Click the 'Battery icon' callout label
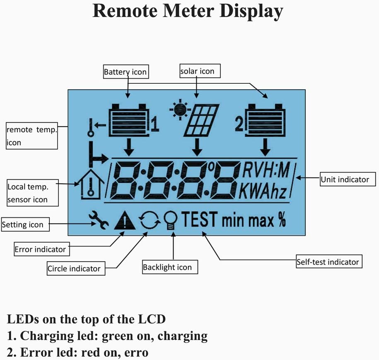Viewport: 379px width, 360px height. (x=125, y=72)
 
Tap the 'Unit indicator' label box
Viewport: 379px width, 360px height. (x=345, y=179)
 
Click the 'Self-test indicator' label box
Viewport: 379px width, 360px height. (x=328, y=262)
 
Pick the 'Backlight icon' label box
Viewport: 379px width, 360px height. (x=167, y=267)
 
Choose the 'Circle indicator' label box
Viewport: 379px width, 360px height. (x=74, y=268)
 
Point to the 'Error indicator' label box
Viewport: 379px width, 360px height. (x=40, y=249)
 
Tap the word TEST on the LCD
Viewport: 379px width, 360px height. (x=199, y=219)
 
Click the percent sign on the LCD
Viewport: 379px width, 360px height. (x=282, y=220)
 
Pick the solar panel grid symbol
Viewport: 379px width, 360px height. (x=202, y=120)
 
